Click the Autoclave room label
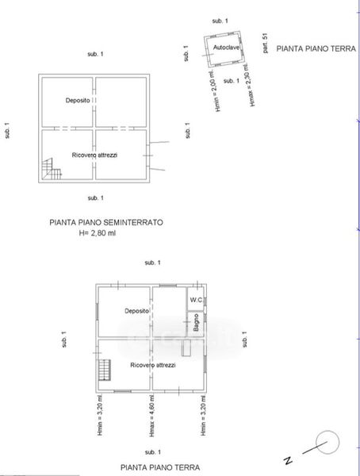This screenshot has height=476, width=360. click(x=226, y=48)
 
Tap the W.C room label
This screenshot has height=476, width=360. click(x=196, y=300)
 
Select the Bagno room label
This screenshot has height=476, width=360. click(x=196, y=322)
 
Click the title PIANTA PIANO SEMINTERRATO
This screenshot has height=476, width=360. click(x=106, y=222)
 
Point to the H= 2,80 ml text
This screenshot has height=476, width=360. click(x=98, y=233)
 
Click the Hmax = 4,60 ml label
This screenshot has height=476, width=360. click(x=152, y=416)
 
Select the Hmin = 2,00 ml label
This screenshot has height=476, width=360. click(x=215, y=90)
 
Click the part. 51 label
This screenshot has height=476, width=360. click(x=266, y=43)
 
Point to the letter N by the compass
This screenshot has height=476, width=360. click(x=288, y=460)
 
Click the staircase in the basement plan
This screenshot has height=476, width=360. click(x=52, y=169)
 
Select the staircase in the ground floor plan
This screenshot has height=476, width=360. click(x=104, y=370)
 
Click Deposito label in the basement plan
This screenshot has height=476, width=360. click(x=78, y=100)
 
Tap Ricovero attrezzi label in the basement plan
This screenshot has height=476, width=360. click(x=94, y=155)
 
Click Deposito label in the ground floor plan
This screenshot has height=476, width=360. click(x=137, y=311)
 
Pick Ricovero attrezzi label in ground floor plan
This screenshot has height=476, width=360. click(x=153, y=365)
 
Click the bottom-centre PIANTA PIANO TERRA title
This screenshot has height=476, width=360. click(x=160, y=467)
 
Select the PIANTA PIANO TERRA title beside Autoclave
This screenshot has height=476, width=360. click(x=316, y=48)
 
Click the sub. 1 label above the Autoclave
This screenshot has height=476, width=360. click(x=220, y=21)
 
